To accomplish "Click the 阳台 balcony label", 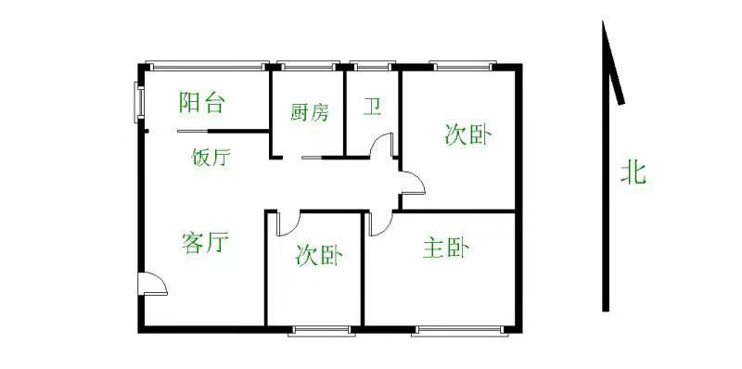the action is (202, 102).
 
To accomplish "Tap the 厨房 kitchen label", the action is (309, 113).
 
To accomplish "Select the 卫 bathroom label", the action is (372, 108).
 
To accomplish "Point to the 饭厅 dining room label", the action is (211, 157).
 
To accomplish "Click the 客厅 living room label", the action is (205, 244).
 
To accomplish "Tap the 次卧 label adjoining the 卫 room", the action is (467, 135).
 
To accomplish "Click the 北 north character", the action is (633, 172).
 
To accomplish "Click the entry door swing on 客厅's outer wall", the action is (152, 285).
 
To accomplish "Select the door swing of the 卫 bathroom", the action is (381, 147).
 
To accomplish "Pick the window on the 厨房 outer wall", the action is (307, 66).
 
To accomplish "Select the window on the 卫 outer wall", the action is (372, 66).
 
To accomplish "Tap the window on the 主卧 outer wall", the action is (460, 329).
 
